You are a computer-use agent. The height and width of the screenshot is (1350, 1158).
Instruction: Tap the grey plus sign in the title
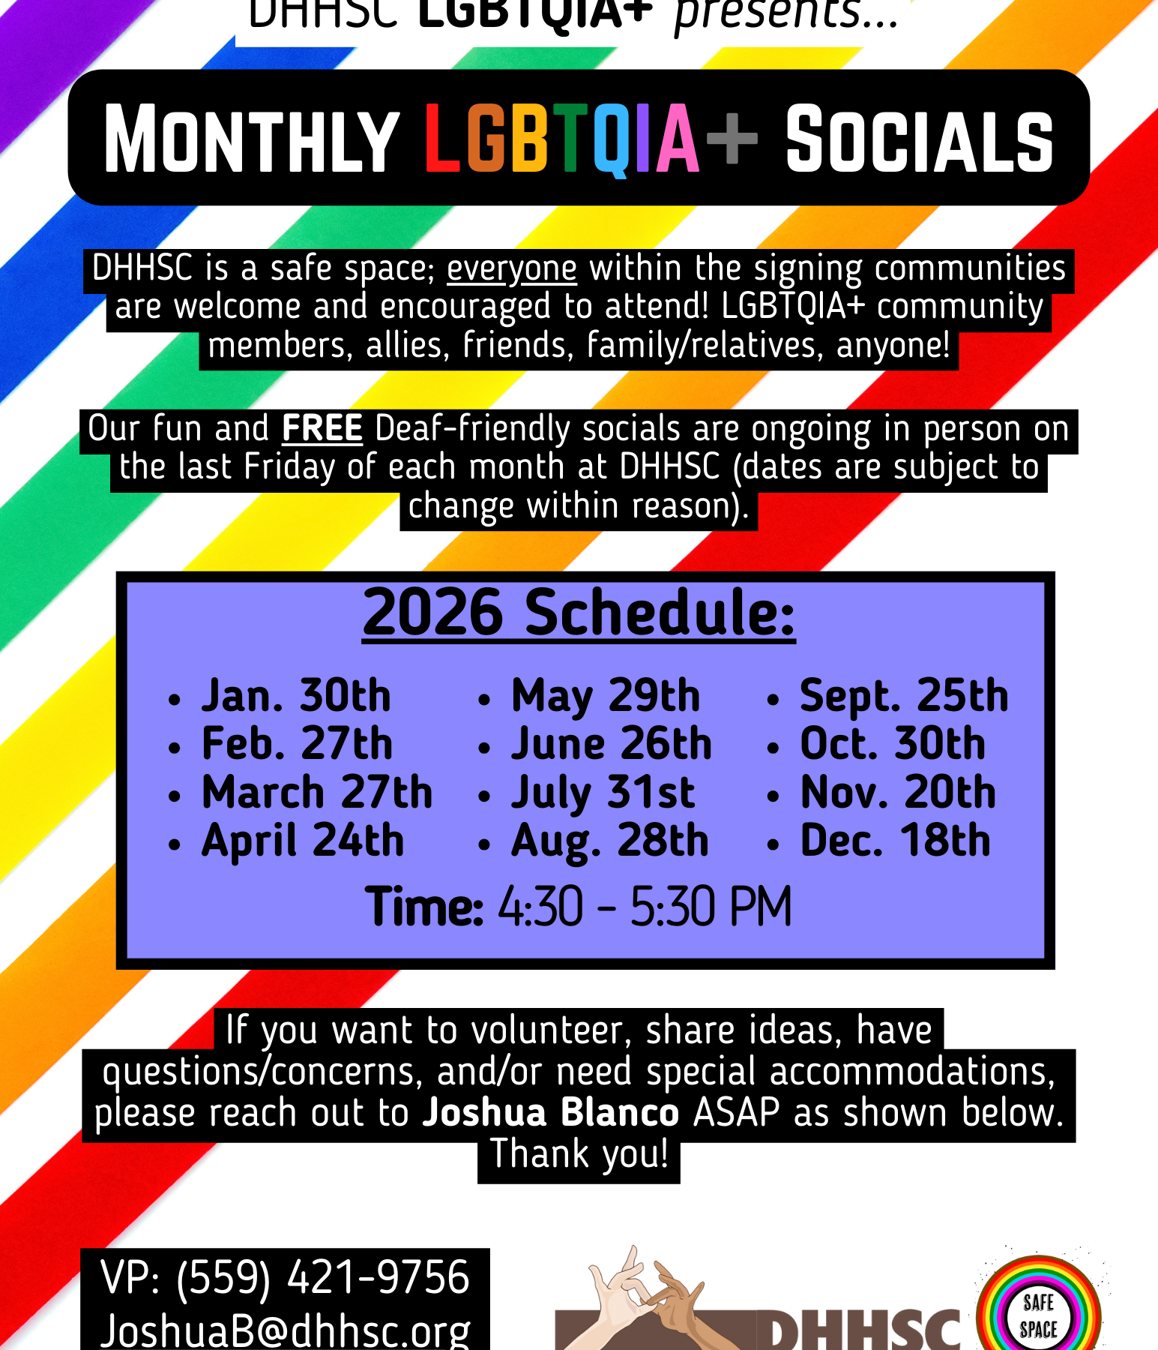[x=732, y=138]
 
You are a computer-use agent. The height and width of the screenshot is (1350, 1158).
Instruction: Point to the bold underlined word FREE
[x=322, y=429]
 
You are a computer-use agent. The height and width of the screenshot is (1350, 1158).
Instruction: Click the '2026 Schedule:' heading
[x=579, y=613]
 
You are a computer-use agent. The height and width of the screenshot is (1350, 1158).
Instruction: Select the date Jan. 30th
[x=296, y=696]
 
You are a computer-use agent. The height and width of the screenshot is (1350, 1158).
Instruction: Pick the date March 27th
[x=317, y=793]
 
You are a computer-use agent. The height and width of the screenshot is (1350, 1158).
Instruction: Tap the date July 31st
[x=603, y=793]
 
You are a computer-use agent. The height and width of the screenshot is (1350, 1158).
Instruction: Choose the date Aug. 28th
[x=609, y=841]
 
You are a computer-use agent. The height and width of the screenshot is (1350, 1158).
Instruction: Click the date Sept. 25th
[x=904, y=696]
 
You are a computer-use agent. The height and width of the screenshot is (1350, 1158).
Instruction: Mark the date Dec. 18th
[x=896, y=841]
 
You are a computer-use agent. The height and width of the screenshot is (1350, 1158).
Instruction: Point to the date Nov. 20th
[x=898, y=793]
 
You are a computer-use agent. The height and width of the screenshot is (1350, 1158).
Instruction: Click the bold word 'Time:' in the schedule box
[x=424, y=907]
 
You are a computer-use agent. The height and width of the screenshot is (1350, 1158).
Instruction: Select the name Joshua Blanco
[x=551, y=1113]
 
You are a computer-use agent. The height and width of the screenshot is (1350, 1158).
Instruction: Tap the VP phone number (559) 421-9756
[x=322, y=1278]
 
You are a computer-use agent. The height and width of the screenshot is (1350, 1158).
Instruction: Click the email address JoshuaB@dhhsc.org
[x=286, y=1330]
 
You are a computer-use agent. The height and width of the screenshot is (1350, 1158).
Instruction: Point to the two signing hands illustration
[x=646, y=1294]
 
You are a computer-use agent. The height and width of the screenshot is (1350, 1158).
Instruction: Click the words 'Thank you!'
[x=579, y=1154]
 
